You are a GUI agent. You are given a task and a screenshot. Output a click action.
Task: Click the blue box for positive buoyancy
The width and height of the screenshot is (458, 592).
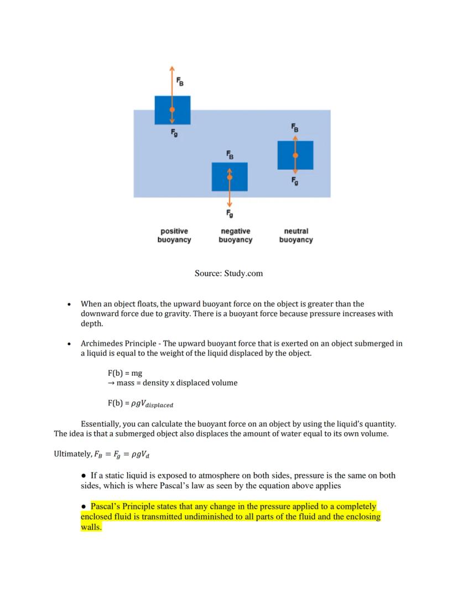[173, 110]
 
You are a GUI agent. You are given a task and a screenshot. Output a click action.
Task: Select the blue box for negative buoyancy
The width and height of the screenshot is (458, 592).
[230, 177]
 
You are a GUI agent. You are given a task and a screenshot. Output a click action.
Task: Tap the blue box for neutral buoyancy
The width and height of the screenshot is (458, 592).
[295, 155]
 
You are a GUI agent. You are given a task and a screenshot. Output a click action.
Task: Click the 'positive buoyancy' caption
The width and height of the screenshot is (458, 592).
[174, 235]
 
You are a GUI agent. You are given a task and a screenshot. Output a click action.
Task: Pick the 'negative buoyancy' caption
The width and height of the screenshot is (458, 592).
[235, 235]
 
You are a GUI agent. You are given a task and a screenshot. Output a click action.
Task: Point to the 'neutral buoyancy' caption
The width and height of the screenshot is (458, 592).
[296, 235]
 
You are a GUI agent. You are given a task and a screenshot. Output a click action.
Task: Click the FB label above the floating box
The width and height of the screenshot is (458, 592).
[180, 81]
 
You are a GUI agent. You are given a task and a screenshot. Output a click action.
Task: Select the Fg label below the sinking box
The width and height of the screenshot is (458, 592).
[230, 213]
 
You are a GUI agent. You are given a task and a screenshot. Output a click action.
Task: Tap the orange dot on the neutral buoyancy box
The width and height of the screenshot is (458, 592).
[295, 156]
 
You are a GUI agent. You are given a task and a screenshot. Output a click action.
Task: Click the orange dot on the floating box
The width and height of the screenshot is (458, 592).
[172, 110]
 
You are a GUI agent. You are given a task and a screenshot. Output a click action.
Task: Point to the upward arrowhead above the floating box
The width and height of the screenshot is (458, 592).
[172, 68]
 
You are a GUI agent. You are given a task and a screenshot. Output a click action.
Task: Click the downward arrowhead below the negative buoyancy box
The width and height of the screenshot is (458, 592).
[230, 204]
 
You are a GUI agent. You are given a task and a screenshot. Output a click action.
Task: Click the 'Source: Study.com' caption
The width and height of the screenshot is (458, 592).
[228, 273]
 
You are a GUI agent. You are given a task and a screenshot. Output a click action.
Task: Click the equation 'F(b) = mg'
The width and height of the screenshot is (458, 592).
[124, 373]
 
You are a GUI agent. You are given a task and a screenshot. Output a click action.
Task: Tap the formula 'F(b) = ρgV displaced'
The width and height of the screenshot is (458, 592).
[140, 404]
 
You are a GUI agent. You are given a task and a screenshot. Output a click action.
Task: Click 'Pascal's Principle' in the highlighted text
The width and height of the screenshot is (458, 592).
[122, 506]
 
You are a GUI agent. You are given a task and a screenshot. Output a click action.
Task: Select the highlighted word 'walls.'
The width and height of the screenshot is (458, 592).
[91, 527]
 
